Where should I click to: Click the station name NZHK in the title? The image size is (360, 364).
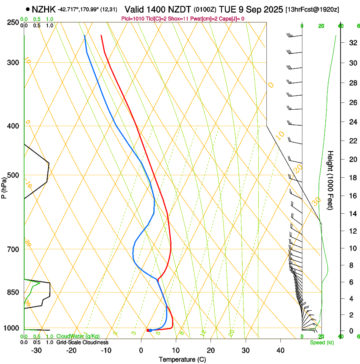tap(44, 9)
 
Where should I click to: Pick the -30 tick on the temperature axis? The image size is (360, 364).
tap(36, 350)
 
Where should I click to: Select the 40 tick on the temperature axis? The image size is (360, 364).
tap(280, 350)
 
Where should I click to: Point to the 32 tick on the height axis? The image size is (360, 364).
tap(352, 43)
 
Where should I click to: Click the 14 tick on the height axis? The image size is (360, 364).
tap(352, 213)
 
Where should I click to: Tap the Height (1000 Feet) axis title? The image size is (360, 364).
tap(330, 180)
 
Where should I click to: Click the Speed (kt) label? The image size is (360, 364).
tap(322, 342)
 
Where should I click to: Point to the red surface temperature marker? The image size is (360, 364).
tap(148, 330)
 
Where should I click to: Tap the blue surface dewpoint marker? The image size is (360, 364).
tap(151, 330)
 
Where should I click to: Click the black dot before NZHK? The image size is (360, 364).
tap(28, 9)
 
